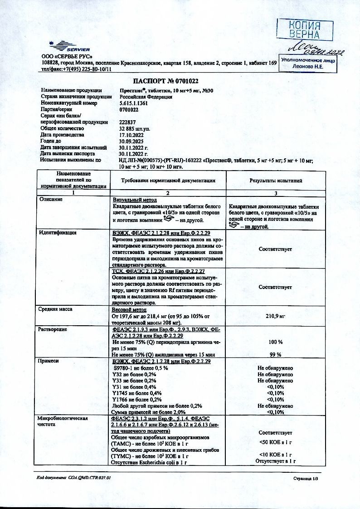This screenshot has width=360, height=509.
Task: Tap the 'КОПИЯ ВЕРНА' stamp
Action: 305,29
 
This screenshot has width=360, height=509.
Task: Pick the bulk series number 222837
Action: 128,122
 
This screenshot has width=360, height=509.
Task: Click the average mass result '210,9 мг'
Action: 275,316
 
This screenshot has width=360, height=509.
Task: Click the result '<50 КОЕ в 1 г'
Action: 275,442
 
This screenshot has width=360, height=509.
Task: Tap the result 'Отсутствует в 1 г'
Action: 275,461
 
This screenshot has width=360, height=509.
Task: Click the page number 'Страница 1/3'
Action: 306,478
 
